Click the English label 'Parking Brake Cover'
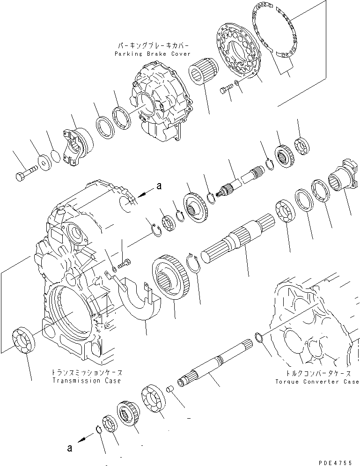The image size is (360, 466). [x=152, y=54]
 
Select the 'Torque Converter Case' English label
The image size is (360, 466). [x=317, y=382]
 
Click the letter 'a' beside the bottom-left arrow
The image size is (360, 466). [x=69, y=448]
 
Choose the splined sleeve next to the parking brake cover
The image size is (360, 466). [x=202, y=78]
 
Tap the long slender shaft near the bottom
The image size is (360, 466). [x=215, y=363]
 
